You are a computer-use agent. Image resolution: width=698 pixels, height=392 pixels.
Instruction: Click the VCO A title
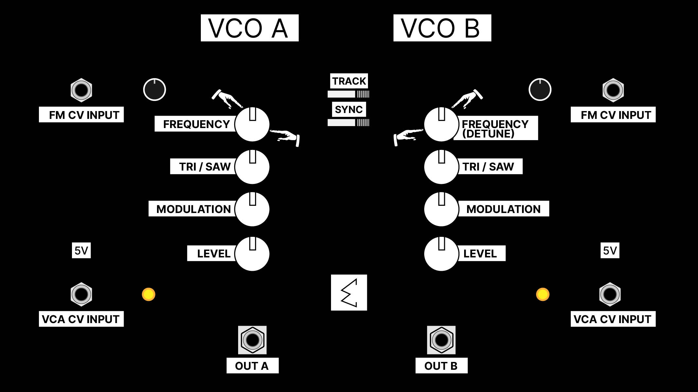pyautogui.click(x=249, y=28)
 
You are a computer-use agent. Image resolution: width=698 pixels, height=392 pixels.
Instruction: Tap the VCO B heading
pyautogui.click(x=442, y=28)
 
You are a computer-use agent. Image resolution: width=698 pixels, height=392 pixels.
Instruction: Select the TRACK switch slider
pyautogui.click(x=348, y=94)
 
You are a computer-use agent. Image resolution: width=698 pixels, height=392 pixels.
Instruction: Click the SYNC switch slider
pyautogui.click(x=348, y=122)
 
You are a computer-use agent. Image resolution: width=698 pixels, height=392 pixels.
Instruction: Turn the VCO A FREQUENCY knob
pyautogui.click(x=252, y=124)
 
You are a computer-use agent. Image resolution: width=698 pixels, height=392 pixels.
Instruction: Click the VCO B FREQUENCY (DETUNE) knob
pyautogui.click(x=441, y=124)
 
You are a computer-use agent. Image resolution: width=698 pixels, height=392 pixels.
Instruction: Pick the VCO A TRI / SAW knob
pyautogui.click(x=252, y=167)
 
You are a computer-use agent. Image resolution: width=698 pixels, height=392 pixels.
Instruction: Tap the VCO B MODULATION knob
pyautogui.click(x=441, y=209)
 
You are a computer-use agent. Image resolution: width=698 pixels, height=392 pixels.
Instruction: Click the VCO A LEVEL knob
pyautogui.click(x=252, y=254)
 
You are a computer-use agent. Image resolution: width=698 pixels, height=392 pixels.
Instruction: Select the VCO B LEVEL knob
pyautogui.click(x=441, y=254)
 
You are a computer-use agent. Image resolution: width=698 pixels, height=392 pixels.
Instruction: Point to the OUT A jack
pyautogui.click(x=252, y=340)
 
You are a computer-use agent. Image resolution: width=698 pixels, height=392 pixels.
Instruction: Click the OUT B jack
pyautogui.click(x=441, y=340)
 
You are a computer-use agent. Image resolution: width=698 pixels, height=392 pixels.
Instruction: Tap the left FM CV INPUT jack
pyautogui.click(x=81, y=90)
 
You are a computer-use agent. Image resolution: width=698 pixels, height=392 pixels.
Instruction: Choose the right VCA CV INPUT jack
pyautogui.click(x=610, y=294)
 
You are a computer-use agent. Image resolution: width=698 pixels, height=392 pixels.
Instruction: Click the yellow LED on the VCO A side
pyautogui.click(x=148, y=294)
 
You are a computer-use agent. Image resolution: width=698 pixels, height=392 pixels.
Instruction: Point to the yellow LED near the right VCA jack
pyautogui.click(x=543, y=294)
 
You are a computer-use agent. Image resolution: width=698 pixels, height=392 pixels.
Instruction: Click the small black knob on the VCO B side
pyautogui.click(x=540, y=90)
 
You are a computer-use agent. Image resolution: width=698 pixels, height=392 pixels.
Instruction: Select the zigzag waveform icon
pyautogui.click(x=349, y=293)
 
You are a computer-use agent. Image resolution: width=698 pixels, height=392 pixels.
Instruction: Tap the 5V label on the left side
pyautogui.click(x=81, y=251)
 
